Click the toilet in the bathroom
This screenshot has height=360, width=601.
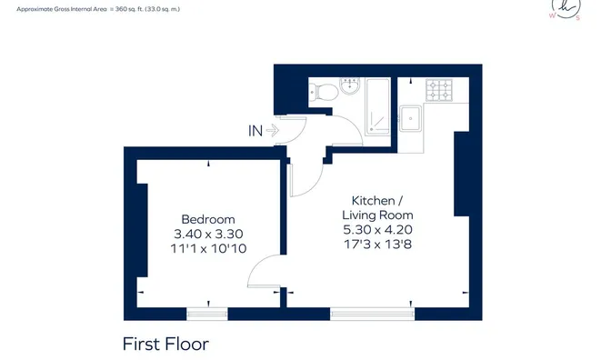(324, 91)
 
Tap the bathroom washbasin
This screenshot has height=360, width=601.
(350, 85)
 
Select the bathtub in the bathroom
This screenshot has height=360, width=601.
(378, 106)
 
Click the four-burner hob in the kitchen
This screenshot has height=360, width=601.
(439, 90)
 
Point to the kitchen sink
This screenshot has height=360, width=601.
(410, 119)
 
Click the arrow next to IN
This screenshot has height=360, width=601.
(273, 130)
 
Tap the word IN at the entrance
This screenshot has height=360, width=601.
(255, 131)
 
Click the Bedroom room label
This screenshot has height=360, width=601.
(208, 219)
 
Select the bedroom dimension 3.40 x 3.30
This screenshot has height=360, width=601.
(208, 234)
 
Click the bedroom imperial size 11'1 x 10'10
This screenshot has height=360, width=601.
(208, 248)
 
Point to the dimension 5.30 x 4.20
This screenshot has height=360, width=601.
(377, 230)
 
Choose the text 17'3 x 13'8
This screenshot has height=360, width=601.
(377, 245)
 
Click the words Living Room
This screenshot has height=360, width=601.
(377, 215)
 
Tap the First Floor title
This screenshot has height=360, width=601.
(165, 344)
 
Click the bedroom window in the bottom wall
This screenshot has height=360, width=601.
(207, 314)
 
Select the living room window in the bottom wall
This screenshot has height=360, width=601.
(373, 314)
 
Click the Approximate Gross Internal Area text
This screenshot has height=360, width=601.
(98, 9)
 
